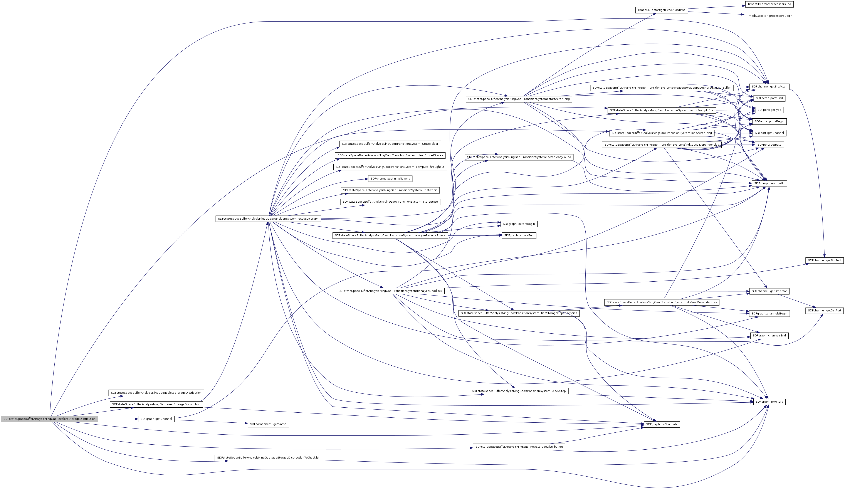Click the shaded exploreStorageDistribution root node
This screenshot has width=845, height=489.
point(49,419)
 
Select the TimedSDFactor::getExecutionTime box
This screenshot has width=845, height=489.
point(662,10)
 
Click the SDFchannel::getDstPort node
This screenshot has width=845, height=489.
point(824,311)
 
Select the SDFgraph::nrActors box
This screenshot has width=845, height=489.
point(769,402)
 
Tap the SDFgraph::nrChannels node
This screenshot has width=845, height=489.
point(661,424)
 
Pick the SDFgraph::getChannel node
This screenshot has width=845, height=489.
point(156,419)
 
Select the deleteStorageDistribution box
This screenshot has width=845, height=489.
point(156,393)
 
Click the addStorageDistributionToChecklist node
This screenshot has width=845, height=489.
point(268,458)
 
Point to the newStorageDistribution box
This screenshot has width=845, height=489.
point(519,447)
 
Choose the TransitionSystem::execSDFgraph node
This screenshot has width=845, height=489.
point(268,219)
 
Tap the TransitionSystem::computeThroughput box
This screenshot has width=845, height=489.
point(390,167)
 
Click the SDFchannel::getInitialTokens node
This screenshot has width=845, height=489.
point(390,179)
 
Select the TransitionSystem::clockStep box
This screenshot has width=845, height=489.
point(519,391)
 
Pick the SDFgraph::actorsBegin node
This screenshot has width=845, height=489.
point(519,224)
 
